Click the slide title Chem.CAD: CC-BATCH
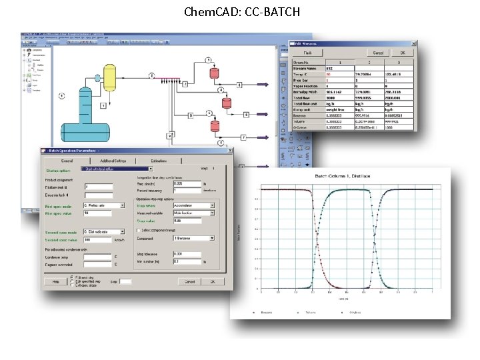click(239, 12)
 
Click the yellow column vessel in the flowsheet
click(109, 78)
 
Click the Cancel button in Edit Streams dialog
click(378, 53)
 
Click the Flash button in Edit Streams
click(309, 53)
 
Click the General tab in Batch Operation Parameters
click(67, 161)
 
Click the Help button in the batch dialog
click(55, 281)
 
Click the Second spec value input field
click(97, 239)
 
